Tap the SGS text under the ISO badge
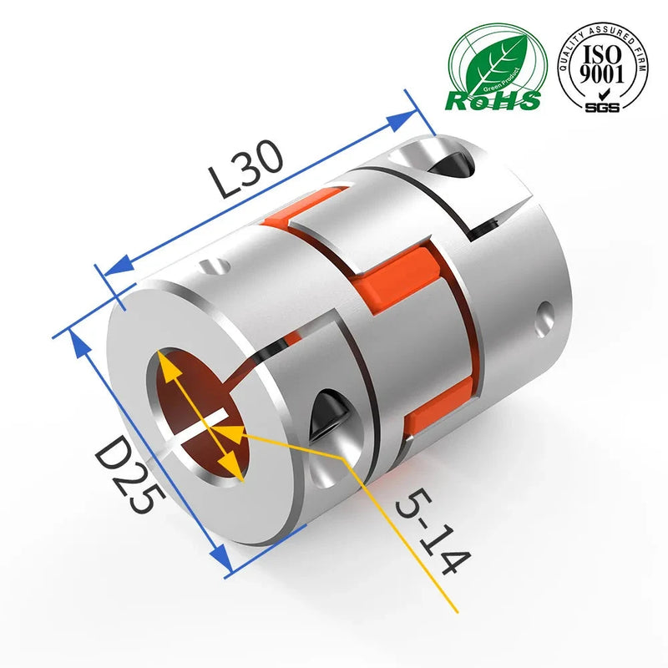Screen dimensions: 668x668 coord(601,108)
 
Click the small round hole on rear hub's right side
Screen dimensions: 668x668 coord(547,316)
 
